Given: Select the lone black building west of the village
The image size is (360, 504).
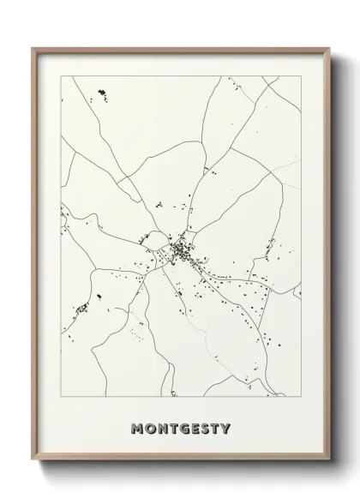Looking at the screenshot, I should click(x=98, y=296).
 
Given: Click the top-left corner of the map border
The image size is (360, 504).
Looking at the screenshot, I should click(x=61, y=76).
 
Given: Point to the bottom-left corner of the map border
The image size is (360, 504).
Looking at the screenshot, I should click(x=61, y=397).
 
